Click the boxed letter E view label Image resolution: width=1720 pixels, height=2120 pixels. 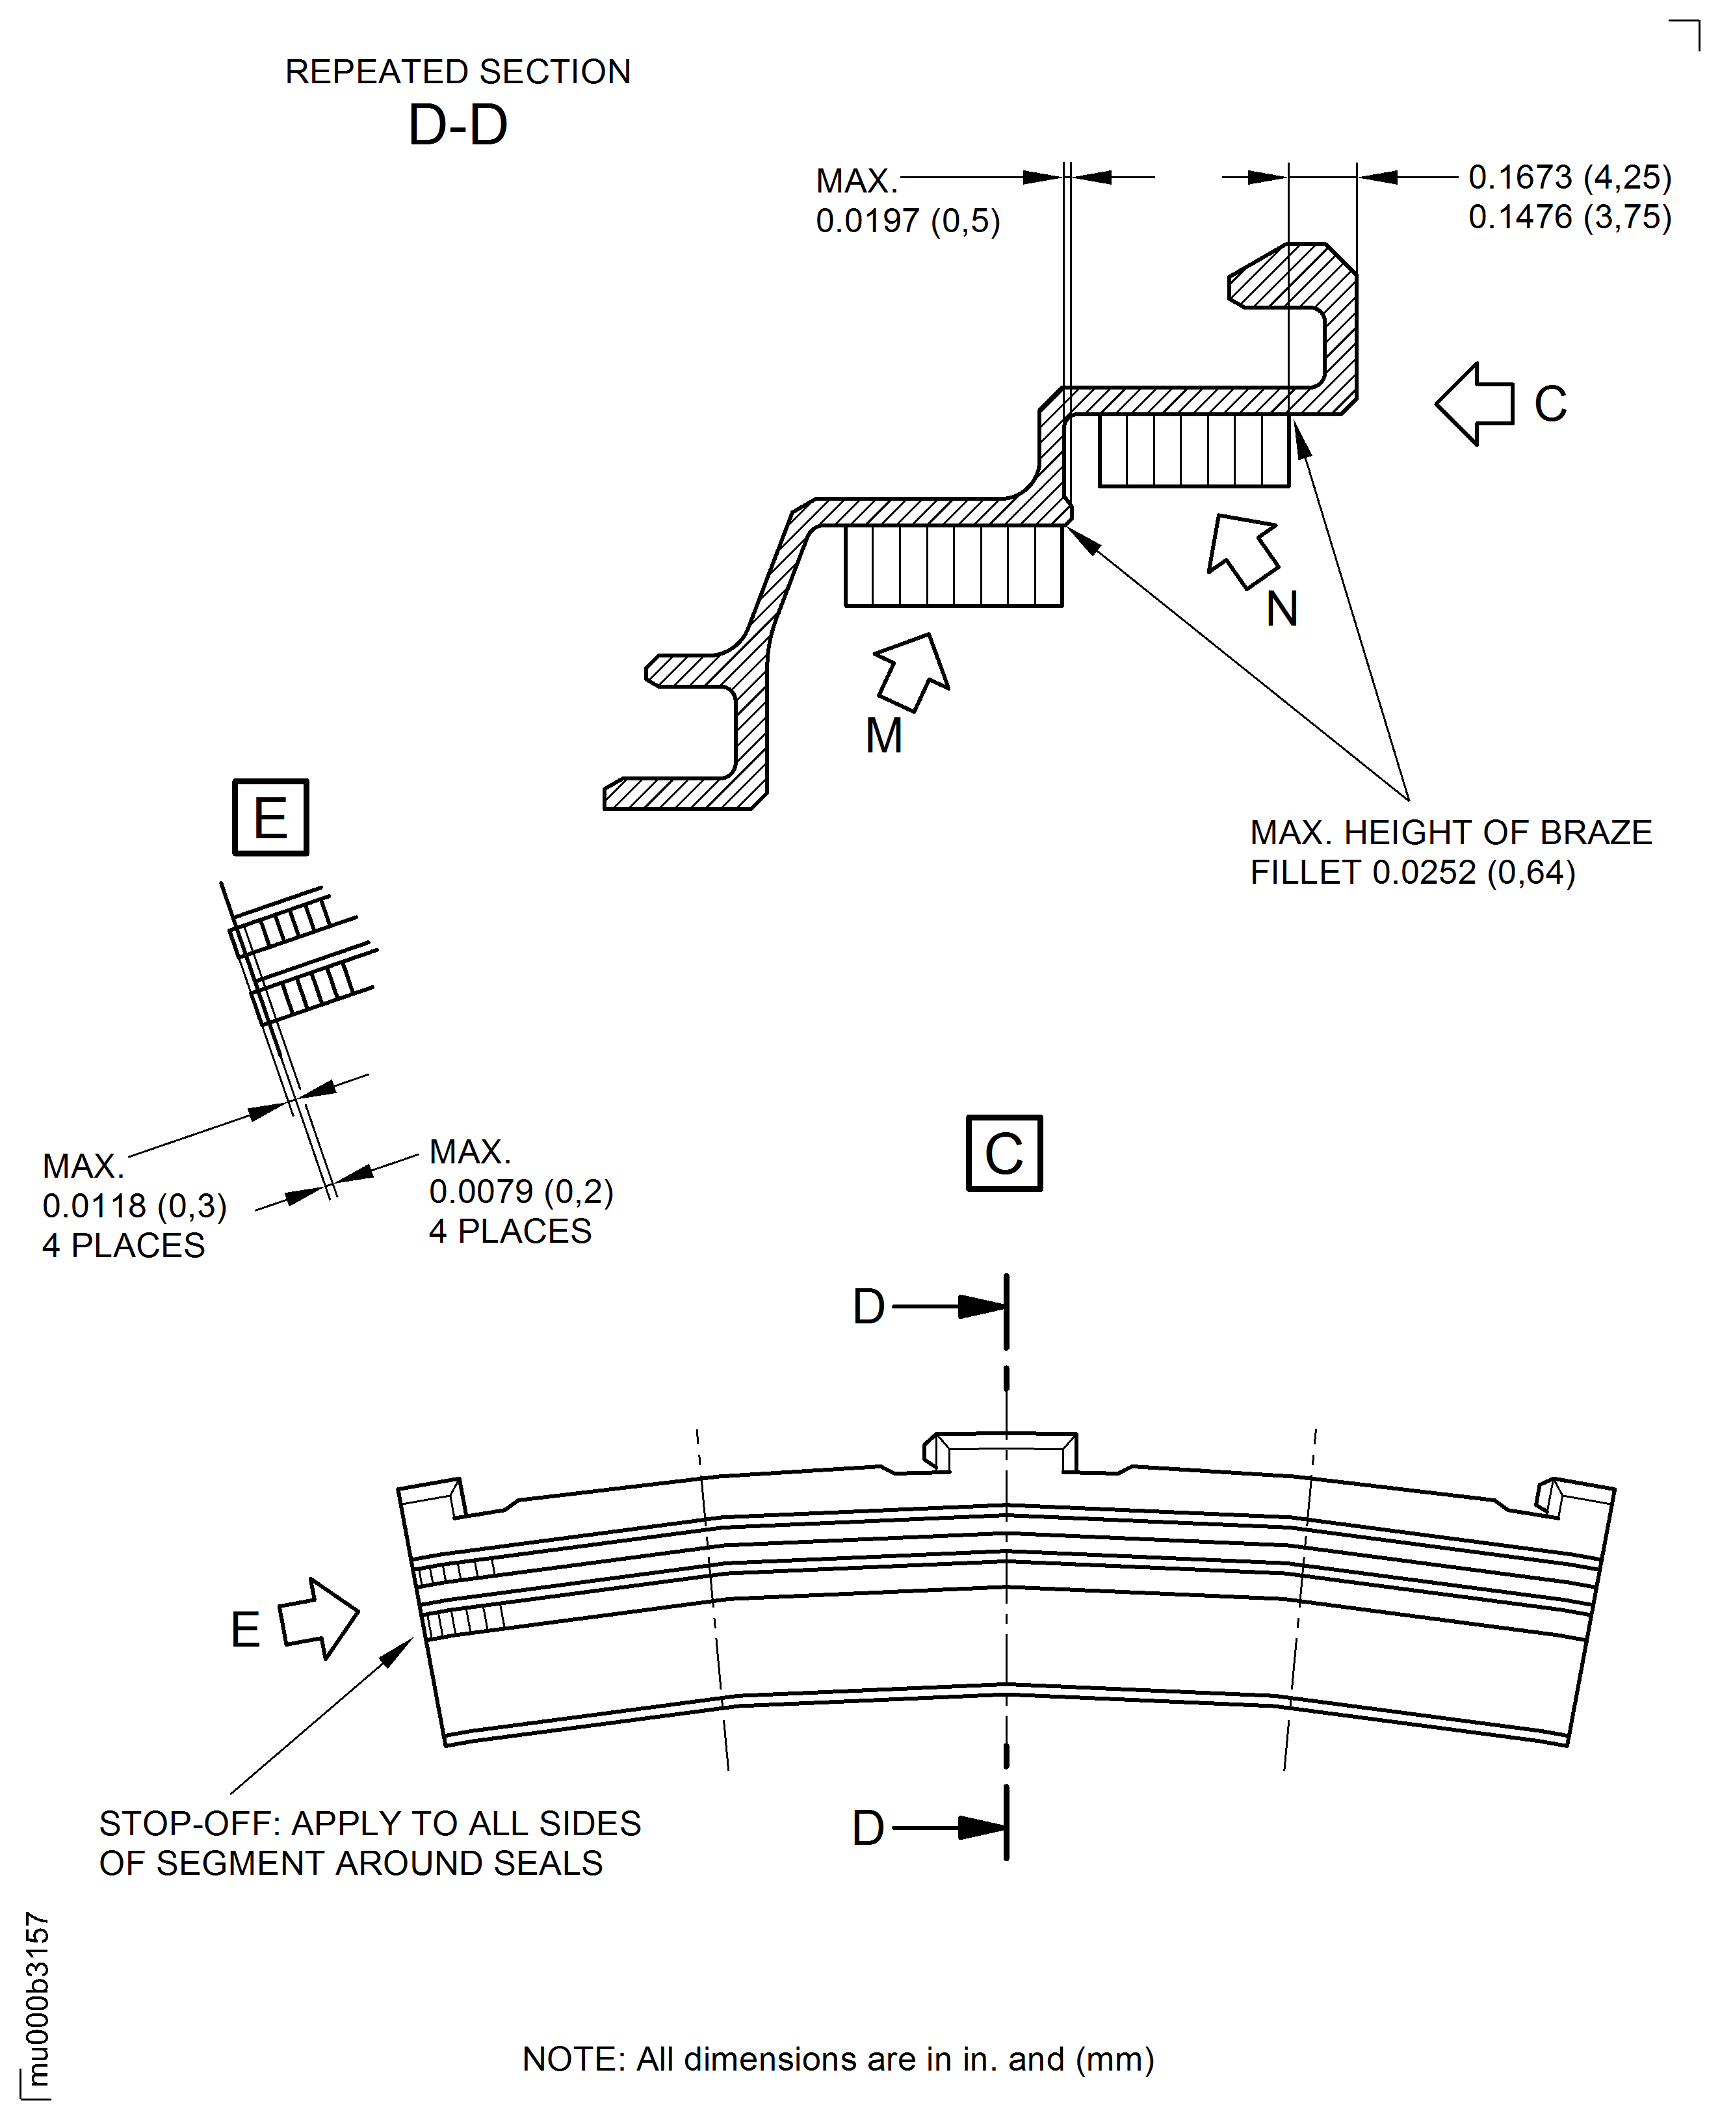click(270, 817)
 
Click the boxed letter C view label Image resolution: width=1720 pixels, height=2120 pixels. click(1004, 1154)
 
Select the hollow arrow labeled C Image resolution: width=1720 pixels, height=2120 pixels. click(1474, 403)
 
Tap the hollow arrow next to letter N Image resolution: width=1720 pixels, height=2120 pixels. click(1242, 550)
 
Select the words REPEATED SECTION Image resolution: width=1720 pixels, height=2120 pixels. click(458, 72)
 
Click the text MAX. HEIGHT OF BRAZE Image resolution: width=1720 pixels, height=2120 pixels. click(1450, 832)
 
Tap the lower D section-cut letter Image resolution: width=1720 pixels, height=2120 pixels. click(868, 1827)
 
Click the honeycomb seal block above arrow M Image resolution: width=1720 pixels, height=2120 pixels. click(953, 566)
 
